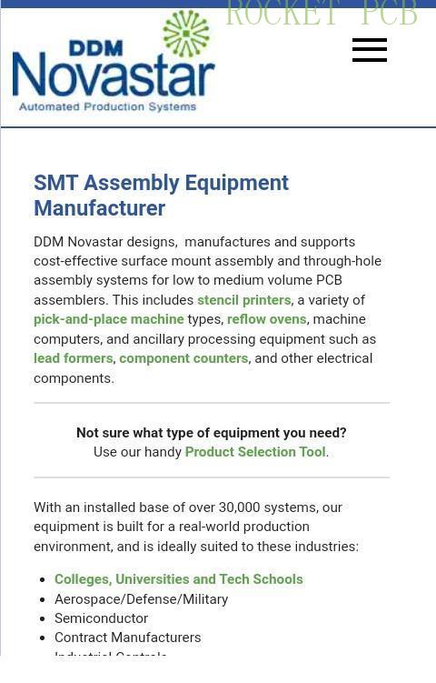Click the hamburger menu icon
click(x=370, y=50)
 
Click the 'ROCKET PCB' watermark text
click(x=321, y=15)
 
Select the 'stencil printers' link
click(x=243, y=300)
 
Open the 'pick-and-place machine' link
click(x=109, y=319)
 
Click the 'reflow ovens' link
click(x=266, y=319)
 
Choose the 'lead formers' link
click(x=74, y=358)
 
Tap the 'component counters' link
click(x=183, y=358)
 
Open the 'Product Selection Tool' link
click(x=255, y=452)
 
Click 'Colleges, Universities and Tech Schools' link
click(x=179, y=579)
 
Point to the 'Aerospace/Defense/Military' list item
click(x=142, y=599)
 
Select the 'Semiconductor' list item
click(x=101, y=618)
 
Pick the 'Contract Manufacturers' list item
click(x=128, y=638)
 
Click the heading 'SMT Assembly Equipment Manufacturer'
click(x=161, y=196)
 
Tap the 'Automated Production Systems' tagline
click(x=107, y=106)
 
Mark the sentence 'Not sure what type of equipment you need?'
click(x=212, y=433)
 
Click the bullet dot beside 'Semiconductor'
click(x=44, y=618)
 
